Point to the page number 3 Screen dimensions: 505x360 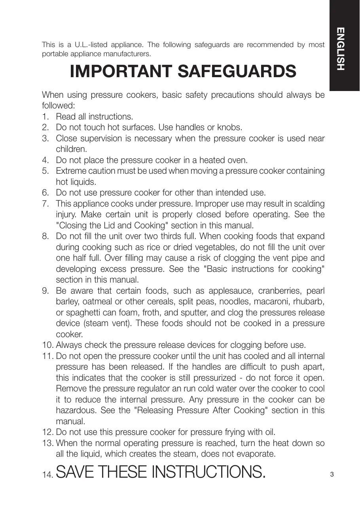[x=332, y=474]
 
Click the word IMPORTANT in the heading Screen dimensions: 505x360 [x=121, y=72]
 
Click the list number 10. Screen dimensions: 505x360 [x=48, y=346]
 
